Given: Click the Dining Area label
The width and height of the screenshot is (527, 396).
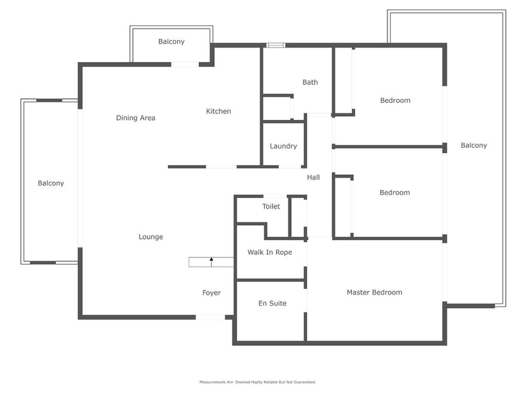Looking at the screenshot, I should click(136, 118).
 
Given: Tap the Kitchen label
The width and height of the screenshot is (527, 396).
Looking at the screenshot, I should click(219, 112).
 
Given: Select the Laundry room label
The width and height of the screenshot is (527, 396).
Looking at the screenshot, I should click(283, 147).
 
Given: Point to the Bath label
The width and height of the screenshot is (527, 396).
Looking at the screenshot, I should click(310, 82).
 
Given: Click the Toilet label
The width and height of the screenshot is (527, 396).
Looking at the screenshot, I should click(271, 207).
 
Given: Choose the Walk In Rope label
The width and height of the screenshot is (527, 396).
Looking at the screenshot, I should click(269, 252).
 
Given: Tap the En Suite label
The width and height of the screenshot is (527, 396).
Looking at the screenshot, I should click(272, 304).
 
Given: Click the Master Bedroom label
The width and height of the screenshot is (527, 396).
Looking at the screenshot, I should click(374, 292).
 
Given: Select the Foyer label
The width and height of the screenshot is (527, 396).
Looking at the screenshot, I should click(211, 293).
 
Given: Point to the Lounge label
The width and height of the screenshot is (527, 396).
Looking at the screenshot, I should click(151, 237).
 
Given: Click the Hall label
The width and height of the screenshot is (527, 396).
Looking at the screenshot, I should click(314, 178).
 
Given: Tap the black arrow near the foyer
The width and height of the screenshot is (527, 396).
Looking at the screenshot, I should click(211, 261).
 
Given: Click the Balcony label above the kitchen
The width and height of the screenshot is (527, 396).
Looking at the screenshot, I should click(171, 42).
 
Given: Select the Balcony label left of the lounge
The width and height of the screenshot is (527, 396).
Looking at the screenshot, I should click(51, 183).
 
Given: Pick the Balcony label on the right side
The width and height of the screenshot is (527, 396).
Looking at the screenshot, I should click(474, 146).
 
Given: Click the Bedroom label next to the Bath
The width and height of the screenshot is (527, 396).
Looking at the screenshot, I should click(395, 101).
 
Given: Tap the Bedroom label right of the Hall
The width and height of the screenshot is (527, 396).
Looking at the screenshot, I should click(395, 193).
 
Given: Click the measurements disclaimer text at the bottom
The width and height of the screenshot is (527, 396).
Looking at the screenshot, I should click(258, 382).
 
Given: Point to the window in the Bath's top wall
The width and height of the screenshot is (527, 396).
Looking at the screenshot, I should click(275, 46).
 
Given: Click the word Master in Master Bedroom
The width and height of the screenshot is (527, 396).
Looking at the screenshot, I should click(359, 292).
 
